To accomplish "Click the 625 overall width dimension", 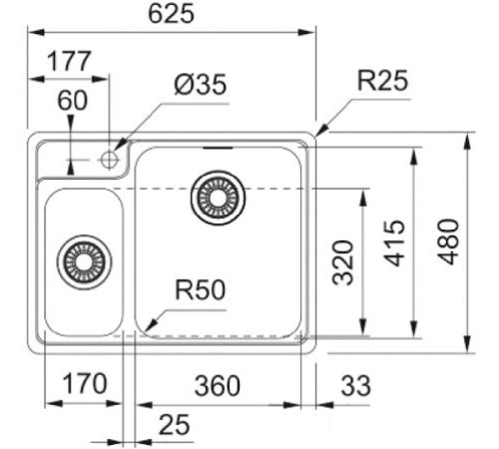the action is point(171,14).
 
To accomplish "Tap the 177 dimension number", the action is point(69,61).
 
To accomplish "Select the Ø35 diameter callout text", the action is point(201,84).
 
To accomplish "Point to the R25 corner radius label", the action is point(382,80).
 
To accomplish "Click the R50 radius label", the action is point(201,289).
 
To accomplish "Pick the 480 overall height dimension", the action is point(449,241).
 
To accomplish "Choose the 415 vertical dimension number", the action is point(395,242).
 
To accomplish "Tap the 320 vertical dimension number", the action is point(343,262).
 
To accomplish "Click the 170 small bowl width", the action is point(85,383).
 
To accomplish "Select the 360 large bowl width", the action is point(218,386).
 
